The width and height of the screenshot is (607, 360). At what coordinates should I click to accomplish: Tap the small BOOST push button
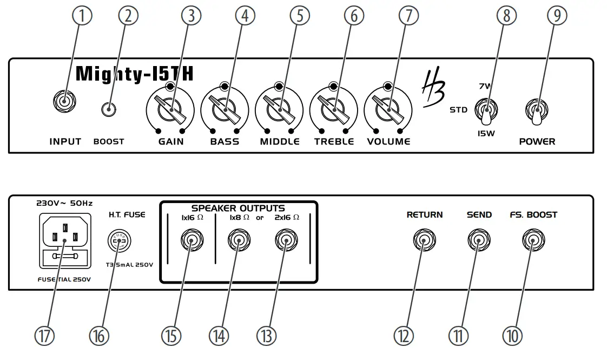point(109,109)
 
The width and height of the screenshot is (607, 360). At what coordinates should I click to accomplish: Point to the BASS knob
point(225,110)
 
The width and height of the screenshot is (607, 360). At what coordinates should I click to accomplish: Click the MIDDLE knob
point(279,110)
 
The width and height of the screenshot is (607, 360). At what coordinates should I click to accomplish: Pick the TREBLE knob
point(334,110)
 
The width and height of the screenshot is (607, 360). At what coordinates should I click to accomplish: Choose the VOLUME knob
point(388,110)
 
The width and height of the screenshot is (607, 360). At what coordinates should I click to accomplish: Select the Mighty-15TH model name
point(134,74)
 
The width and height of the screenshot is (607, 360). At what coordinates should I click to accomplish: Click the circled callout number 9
point(557,16)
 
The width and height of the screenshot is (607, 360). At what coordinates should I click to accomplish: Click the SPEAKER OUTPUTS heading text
point(238,208)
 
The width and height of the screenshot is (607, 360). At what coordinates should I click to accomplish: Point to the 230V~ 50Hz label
point(64,204)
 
